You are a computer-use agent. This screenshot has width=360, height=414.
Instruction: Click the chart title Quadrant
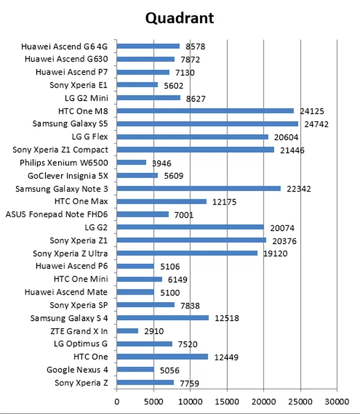click(x=179, y=18)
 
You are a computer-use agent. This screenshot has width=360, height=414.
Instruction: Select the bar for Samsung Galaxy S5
click(x=207, y=124)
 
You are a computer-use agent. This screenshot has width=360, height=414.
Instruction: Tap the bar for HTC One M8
click(x=205, y=111)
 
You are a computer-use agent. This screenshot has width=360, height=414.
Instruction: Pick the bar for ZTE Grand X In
click(x=127, y=331)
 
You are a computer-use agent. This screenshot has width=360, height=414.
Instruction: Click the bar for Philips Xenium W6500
click(x=131, y=162)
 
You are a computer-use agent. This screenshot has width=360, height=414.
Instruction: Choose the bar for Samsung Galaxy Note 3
click(x=198, y=188)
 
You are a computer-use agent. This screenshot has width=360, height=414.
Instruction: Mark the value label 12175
click(x=223, y=202)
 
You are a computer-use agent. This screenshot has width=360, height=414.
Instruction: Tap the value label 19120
click(x=274, y=254)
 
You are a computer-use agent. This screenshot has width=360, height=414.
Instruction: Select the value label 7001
click(x=184, y=215)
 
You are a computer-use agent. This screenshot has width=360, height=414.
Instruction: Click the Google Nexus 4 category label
click(x=77, y=370)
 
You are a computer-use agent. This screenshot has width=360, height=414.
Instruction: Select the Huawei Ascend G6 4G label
click(x=65, y=46)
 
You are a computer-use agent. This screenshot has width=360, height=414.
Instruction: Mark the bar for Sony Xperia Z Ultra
click(x=187, y=253)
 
